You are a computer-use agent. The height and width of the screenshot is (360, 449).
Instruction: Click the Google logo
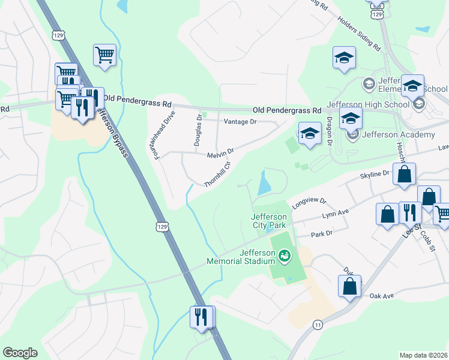(x=20, y=353)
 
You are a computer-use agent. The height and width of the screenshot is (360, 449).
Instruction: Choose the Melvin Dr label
(x=220, y=155)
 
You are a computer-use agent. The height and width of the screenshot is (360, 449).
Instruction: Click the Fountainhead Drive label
(x=164, y=135)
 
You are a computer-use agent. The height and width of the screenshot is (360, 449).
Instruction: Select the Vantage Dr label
(x=240, y=122)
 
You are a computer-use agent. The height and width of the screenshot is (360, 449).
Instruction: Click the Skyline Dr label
(x=375, y=174)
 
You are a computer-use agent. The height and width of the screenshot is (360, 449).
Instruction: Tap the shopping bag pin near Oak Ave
(x=349, y=287)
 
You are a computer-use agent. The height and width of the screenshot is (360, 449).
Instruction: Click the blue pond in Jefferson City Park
(x=264, y=183)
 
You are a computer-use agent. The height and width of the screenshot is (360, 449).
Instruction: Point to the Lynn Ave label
(x=335, y=214)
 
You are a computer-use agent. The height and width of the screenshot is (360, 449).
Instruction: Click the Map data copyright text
(x=424, y=355)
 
